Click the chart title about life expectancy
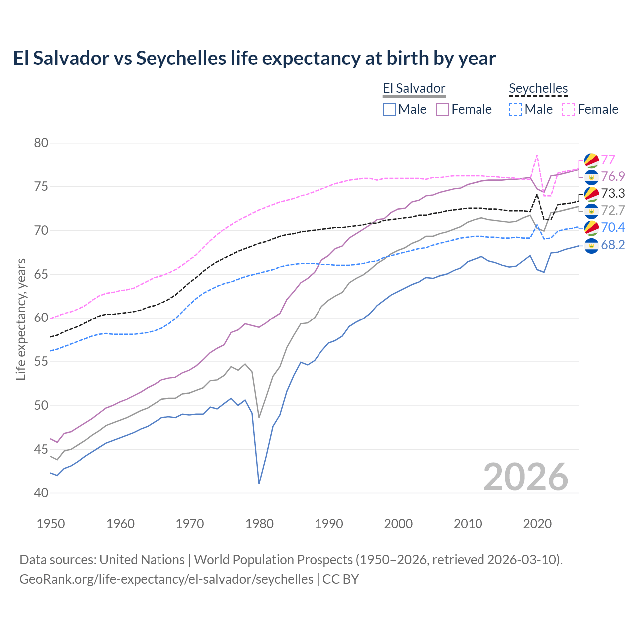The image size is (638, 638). [254, 58]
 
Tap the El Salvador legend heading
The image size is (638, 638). [414, 89]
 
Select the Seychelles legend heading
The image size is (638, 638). [538, 89]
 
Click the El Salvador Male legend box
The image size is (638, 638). [389, 109]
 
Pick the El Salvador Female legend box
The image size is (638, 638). [443, 109]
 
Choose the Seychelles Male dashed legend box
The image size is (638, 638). [516, 109]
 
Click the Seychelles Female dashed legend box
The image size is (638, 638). [569, 109]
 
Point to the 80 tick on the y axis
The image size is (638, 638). [41, 143]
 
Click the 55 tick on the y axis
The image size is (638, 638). [41, 362]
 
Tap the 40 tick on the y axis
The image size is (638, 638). [41, 493]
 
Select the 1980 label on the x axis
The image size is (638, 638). [259, 524]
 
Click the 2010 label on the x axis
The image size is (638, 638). [468, 524]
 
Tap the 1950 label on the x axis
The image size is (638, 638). [51, 524]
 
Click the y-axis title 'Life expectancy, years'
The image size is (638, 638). [21, 319]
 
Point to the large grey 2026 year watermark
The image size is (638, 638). [525, 477]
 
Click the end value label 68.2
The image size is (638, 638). [613, 245]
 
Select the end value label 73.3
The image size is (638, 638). [613, 193]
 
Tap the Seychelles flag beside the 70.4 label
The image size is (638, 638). [591, 228]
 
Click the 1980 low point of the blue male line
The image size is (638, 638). [259, 483]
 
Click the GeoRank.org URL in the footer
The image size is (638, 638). [166, 579]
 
